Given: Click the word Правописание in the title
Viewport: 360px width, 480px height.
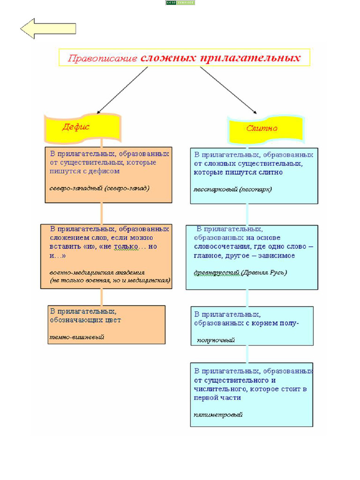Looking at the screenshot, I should click(103, 59).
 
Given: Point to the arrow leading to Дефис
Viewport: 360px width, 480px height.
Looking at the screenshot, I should click(123, 90).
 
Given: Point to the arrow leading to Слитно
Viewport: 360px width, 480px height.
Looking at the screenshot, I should click(228, 90).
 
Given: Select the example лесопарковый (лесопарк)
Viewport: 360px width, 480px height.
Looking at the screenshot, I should click(232, 189).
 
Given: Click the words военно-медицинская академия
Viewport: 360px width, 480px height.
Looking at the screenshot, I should click(97, 272).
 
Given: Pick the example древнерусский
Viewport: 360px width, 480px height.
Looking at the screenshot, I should click(217, 272).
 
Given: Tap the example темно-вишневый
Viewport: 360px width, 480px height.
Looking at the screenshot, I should click(77, 337).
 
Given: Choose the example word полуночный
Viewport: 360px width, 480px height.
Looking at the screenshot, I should click(216, 340).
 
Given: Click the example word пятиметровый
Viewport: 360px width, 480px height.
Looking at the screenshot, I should click(218, 414).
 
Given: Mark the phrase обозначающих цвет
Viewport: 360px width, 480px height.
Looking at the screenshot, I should click(85, 320).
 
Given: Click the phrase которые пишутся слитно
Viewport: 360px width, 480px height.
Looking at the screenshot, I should click(238, 172).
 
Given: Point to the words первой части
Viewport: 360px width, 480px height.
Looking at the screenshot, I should click(217, 397).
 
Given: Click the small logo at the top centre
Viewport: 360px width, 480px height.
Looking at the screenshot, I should click(180, 3).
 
